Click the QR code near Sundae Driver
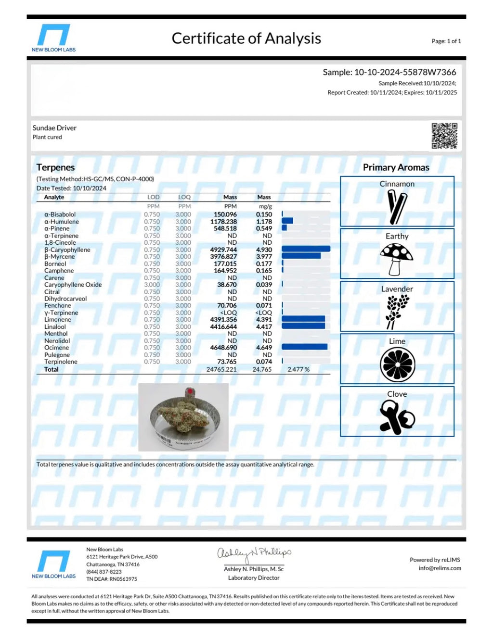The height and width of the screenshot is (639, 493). [x=444, y=136]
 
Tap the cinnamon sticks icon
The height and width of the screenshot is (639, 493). [x=397, y=207]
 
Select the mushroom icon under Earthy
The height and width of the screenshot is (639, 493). [x=396, y=259]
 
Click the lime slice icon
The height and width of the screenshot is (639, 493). [x=397, y=364]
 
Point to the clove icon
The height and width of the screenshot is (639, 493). [x=397, y=417]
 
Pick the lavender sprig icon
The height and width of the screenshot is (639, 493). [x=397, y=311]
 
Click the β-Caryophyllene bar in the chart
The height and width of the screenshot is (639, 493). [x=306, y=249]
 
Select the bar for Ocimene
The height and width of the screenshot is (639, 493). [x=304, y=347]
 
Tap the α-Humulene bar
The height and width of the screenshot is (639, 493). [x=287, y=221]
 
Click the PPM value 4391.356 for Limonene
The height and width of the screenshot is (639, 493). [x=223, y=319]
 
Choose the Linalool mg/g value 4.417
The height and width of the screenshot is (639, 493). [x=264, y=326]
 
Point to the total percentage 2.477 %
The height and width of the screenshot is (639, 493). [x=298, y=369]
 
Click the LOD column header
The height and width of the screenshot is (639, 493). [x=153, y=197]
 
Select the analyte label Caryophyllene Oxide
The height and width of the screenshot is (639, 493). [x=73, y=285]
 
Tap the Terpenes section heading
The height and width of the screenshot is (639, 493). [x=56, y=167]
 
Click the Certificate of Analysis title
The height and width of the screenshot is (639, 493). [x=246, y=38]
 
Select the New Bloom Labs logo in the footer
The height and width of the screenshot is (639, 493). [x=54, y=564]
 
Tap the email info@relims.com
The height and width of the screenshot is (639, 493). [x=440, y=568]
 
